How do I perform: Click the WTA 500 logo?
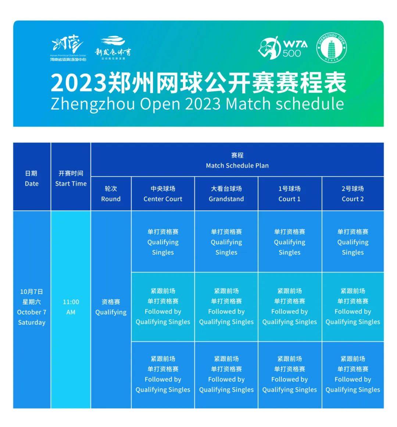click(283, 48)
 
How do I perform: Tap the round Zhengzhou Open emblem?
click(332, 48)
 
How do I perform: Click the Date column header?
click(32, 178)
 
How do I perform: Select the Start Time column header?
click(71, 178)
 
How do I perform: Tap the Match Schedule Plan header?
click(237, 160)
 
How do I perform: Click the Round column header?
click(111, 194)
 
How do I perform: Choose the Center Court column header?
click(163, 194)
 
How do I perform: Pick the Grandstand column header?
click(226, 194)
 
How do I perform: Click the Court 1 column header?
click(290, 194)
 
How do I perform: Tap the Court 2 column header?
click(353, 194)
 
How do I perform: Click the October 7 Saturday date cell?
click(32, 307)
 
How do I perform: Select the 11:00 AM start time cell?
click(71, 307)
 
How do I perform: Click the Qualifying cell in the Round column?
click(111, 307)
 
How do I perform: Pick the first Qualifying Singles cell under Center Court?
click(163, 242)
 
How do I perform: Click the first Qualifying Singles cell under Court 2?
click(353, 242)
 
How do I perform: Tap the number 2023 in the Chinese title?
click(78, 83)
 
